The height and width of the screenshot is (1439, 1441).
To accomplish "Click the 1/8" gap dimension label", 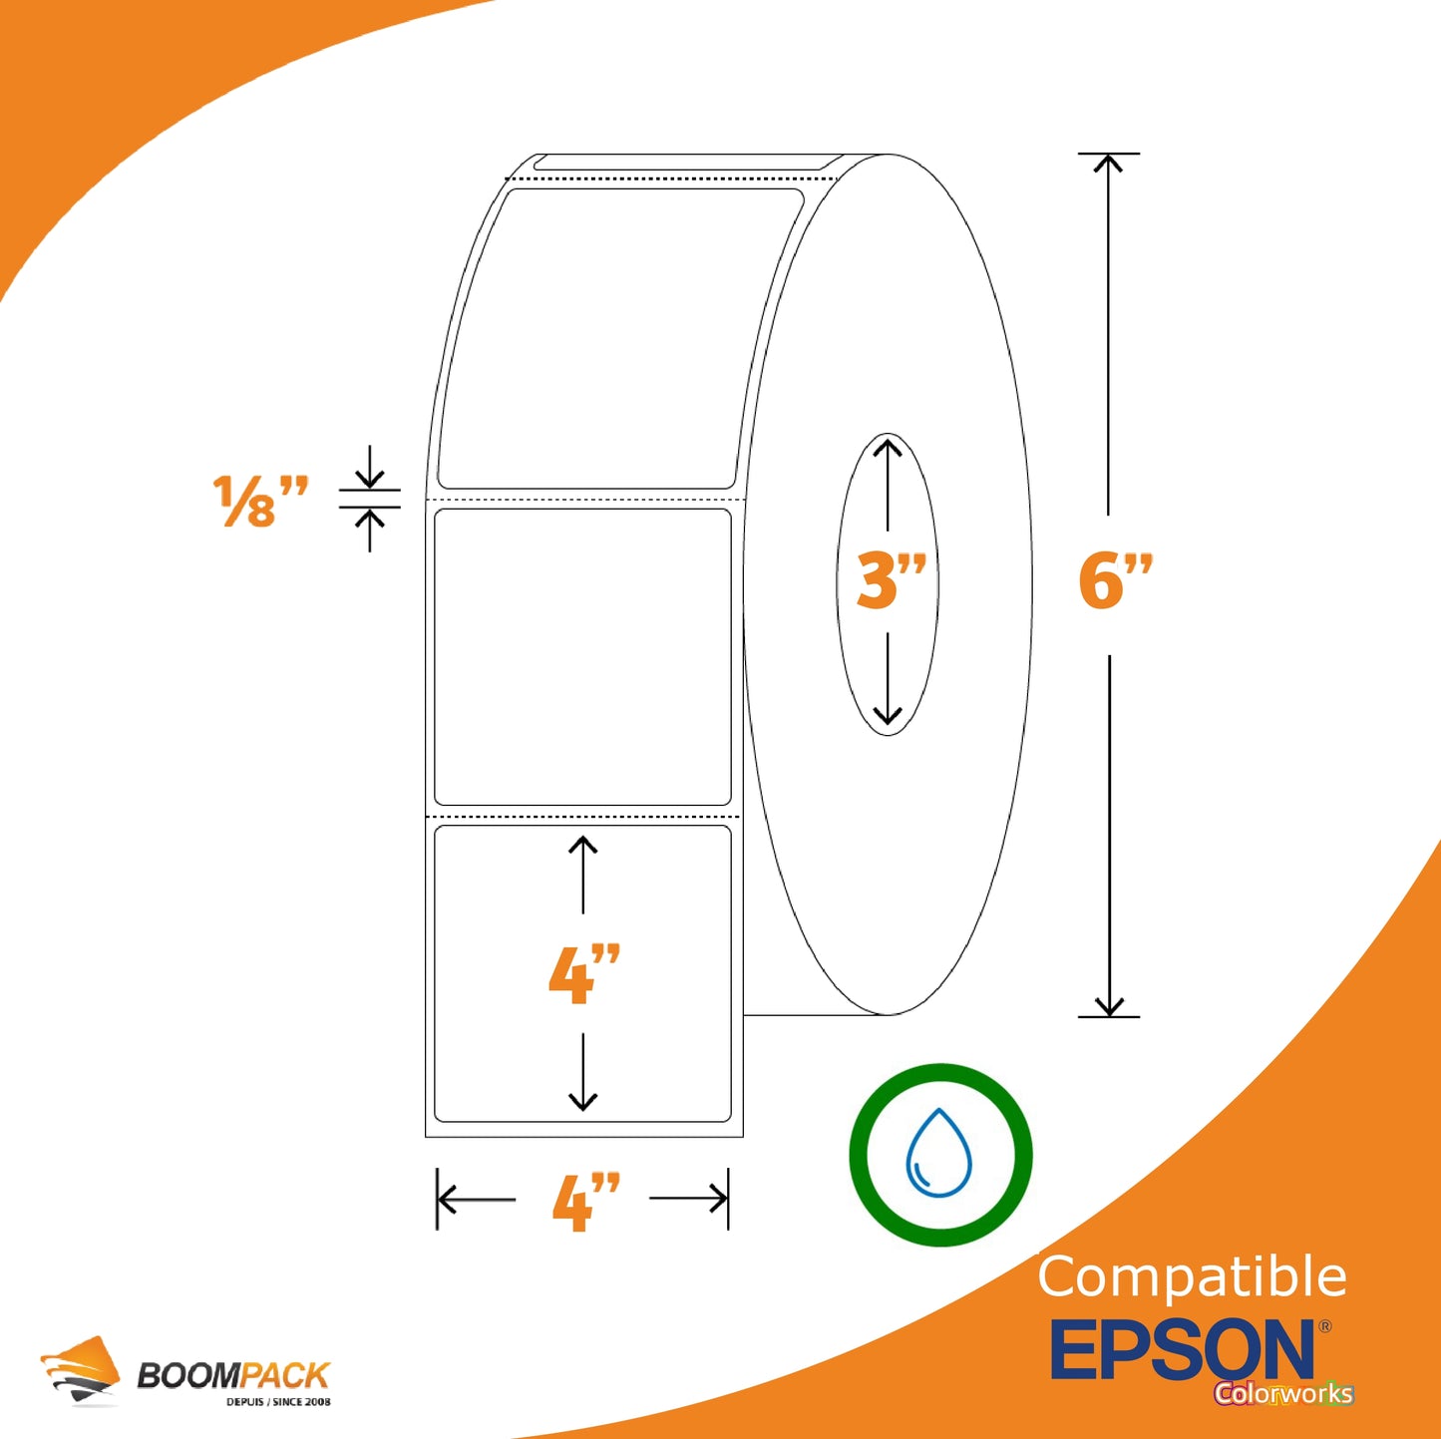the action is coord(260,501).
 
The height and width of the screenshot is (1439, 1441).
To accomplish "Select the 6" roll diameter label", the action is coord(1116,580).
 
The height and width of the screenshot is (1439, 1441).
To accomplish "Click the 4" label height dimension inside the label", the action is coord(584,973).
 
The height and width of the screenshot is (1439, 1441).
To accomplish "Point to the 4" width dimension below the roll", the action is coord(586,1202).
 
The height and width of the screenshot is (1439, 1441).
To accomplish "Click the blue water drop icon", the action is coord(938,1153).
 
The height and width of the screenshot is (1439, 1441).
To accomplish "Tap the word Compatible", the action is coord(1192,1277).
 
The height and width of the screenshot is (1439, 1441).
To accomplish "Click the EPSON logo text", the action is coord(1183,1349).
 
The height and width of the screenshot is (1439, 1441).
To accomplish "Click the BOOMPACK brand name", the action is coord(232,1375).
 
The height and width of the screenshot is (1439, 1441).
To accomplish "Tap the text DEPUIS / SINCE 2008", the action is coord(278,1402).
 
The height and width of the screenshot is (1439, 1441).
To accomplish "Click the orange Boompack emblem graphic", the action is coord(79,1370).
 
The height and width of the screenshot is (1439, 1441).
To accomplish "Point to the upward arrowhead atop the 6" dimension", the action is coord(1108,164).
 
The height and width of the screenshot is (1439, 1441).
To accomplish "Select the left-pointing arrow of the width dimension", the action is coord(477,1200).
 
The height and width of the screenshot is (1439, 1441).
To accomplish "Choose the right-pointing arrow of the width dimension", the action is coord(688,1200).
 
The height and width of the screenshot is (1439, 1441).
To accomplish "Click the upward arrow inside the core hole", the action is coord(888,486).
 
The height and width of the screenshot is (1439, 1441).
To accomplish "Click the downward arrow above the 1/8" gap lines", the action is coord(369,467).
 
